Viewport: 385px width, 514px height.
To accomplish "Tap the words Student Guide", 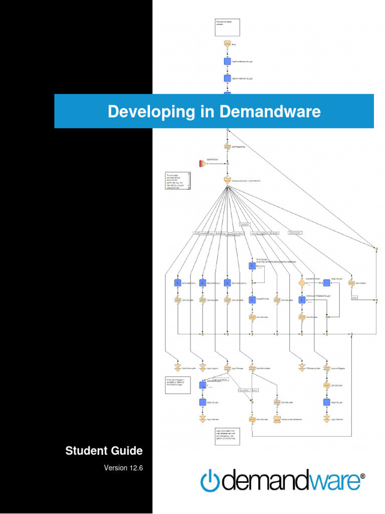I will click(104, 451).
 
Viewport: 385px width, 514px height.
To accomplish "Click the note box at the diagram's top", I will click(228, 27).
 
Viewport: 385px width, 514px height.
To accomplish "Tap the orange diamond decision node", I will click(302, 283).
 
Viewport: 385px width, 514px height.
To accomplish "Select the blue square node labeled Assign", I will click(326, 283).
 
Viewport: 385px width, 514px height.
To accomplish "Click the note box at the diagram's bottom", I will click(228, 436).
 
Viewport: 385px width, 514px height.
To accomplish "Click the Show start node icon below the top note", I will click(227, 44).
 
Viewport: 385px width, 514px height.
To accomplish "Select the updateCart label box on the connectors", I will click(245, 224).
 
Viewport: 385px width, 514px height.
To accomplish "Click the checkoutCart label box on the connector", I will click(295, 232).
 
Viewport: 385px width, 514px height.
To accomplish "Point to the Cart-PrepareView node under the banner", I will click(227, 147).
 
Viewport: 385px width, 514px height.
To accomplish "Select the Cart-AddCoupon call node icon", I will click(351, 283).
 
